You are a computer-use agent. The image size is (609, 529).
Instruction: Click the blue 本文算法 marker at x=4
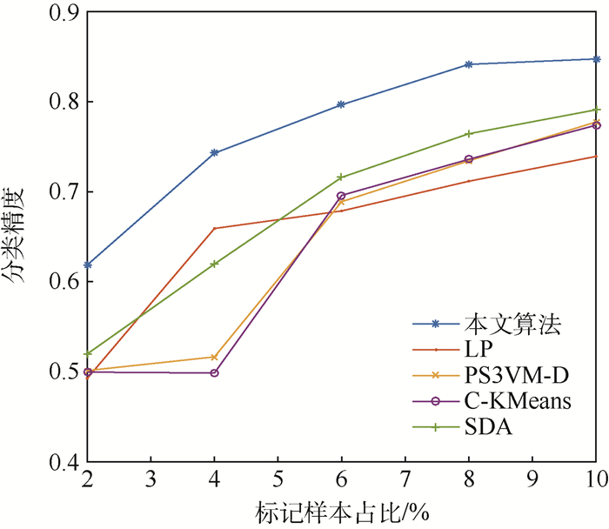click(215, 152)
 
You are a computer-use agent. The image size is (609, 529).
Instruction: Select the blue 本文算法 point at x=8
click(469, 64)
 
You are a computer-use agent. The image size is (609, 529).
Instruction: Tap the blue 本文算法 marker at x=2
click(88, 264)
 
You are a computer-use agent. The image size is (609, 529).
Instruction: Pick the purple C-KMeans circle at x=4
click(215, 372)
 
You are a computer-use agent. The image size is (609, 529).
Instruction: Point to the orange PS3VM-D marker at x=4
click(215, 357)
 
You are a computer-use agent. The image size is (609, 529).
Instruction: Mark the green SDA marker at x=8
click(469, 134)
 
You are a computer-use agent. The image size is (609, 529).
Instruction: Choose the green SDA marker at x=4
click(215, 264)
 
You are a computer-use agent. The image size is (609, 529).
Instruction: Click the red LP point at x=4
click(215, 228)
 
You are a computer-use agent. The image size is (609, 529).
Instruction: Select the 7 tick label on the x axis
click(405, 481)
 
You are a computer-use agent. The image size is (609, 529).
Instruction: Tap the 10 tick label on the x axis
click(595, 481)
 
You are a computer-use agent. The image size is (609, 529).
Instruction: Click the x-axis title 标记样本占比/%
click(341, 512)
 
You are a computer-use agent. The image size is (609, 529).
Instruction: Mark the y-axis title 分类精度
click(19, 235)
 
